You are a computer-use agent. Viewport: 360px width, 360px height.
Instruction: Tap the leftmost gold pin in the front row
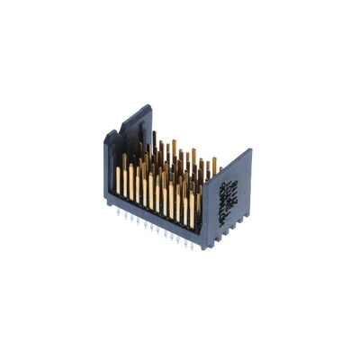point(118,180)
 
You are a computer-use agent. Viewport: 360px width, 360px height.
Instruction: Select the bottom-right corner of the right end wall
point(250,216)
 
